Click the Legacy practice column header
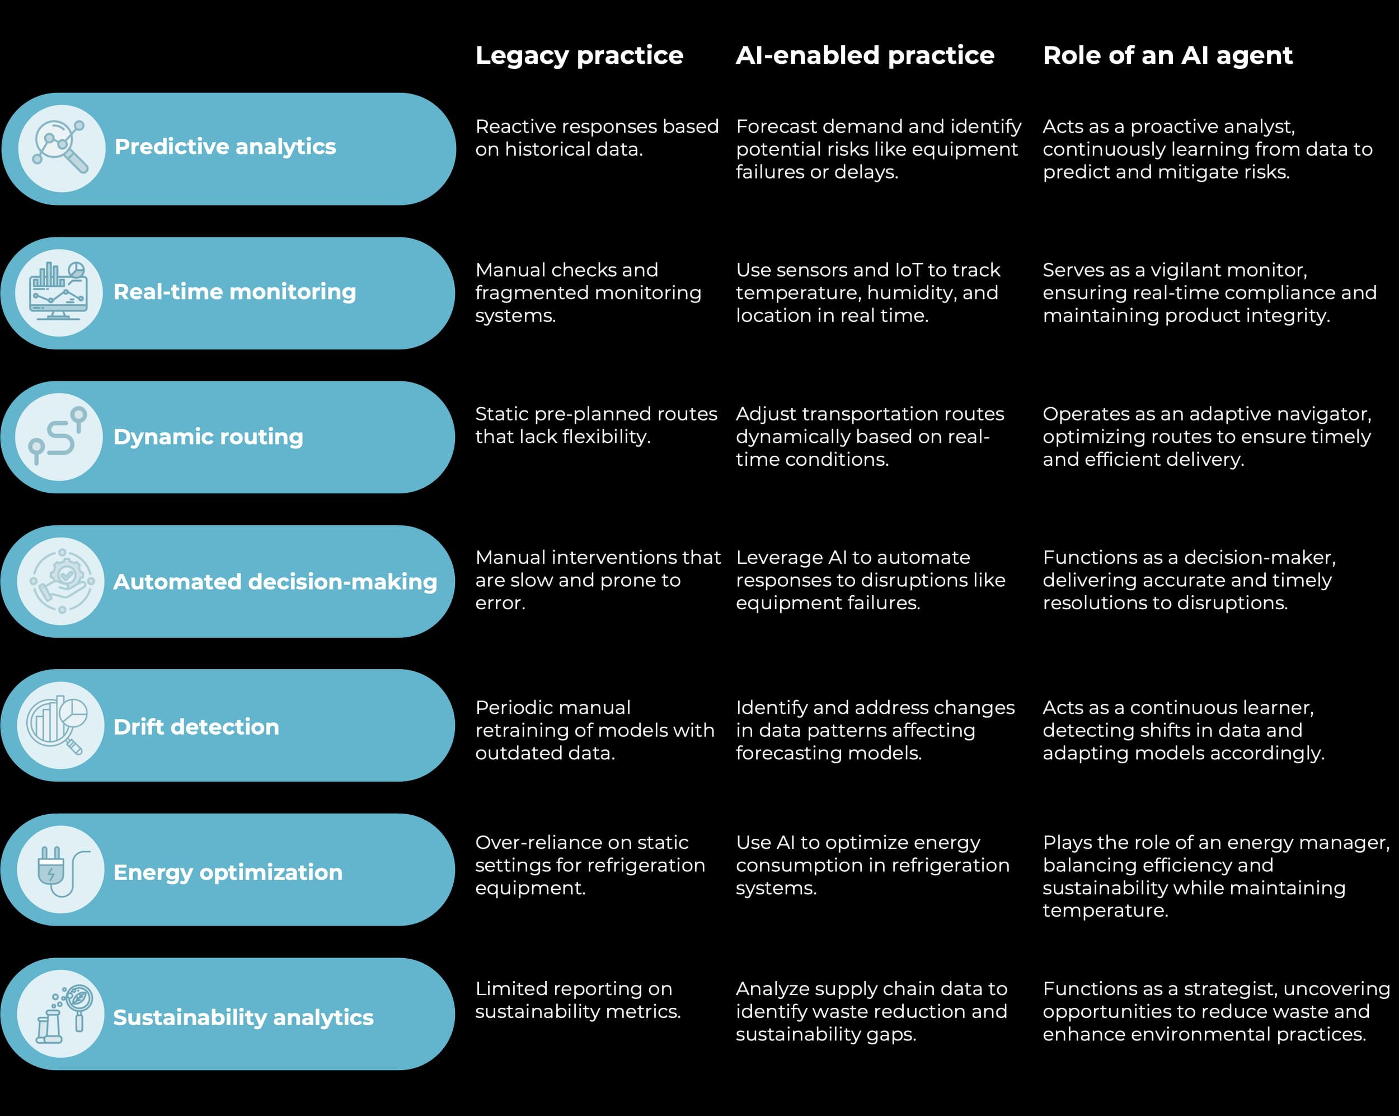tap(579, 55)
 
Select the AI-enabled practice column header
tap(865, 55)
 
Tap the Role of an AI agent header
tap(1167, 55)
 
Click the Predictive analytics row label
tap(225, 147)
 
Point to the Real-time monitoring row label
tap(234, 292)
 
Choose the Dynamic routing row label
tap(208, 437)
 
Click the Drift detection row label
tap(196, 726)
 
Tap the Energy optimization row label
tap(228, 872)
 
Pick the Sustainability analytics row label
tap(243, 1017)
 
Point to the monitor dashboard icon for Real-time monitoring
tap(59, 293)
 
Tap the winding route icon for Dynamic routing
tap(59, 437)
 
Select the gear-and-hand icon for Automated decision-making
tap(61, 581)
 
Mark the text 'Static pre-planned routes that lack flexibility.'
tap(595, 425)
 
